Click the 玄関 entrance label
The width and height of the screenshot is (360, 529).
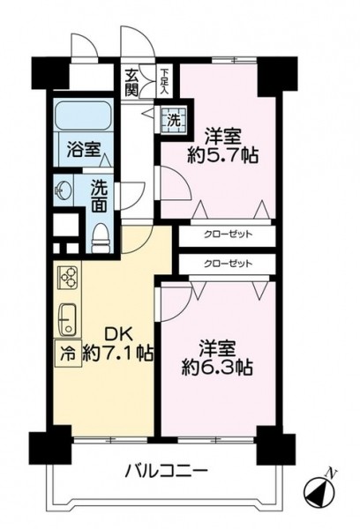(x=131, y=82)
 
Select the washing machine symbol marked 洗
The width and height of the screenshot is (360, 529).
(x=174, y=121)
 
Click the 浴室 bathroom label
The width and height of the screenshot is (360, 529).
(x=84, y=150)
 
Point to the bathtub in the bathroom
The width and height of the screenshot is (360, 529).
(x=84, y=115)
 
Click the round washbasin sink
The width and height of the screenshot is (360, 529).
(x=64, y=191)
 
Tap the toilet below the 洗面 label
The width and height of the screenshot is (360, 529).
(x=101, y=238)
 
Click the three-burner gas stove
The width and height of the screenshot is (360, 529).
(x=69, y=277)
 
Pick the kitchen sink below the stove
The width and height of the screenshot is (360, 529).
(x=68, y=319)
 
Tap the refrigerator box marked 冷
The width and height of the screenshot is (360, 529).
(x=68, y=353)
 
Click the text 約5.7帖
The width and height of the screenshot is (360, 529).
(x=222, y=156)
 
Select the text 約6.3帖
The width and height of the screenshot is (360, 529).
(x=217, y=368)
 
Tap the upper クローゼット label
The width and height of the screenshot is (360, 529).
(x=228, y=234)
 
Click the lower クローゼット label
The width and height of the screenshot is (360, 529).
(x=228, y=264)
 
